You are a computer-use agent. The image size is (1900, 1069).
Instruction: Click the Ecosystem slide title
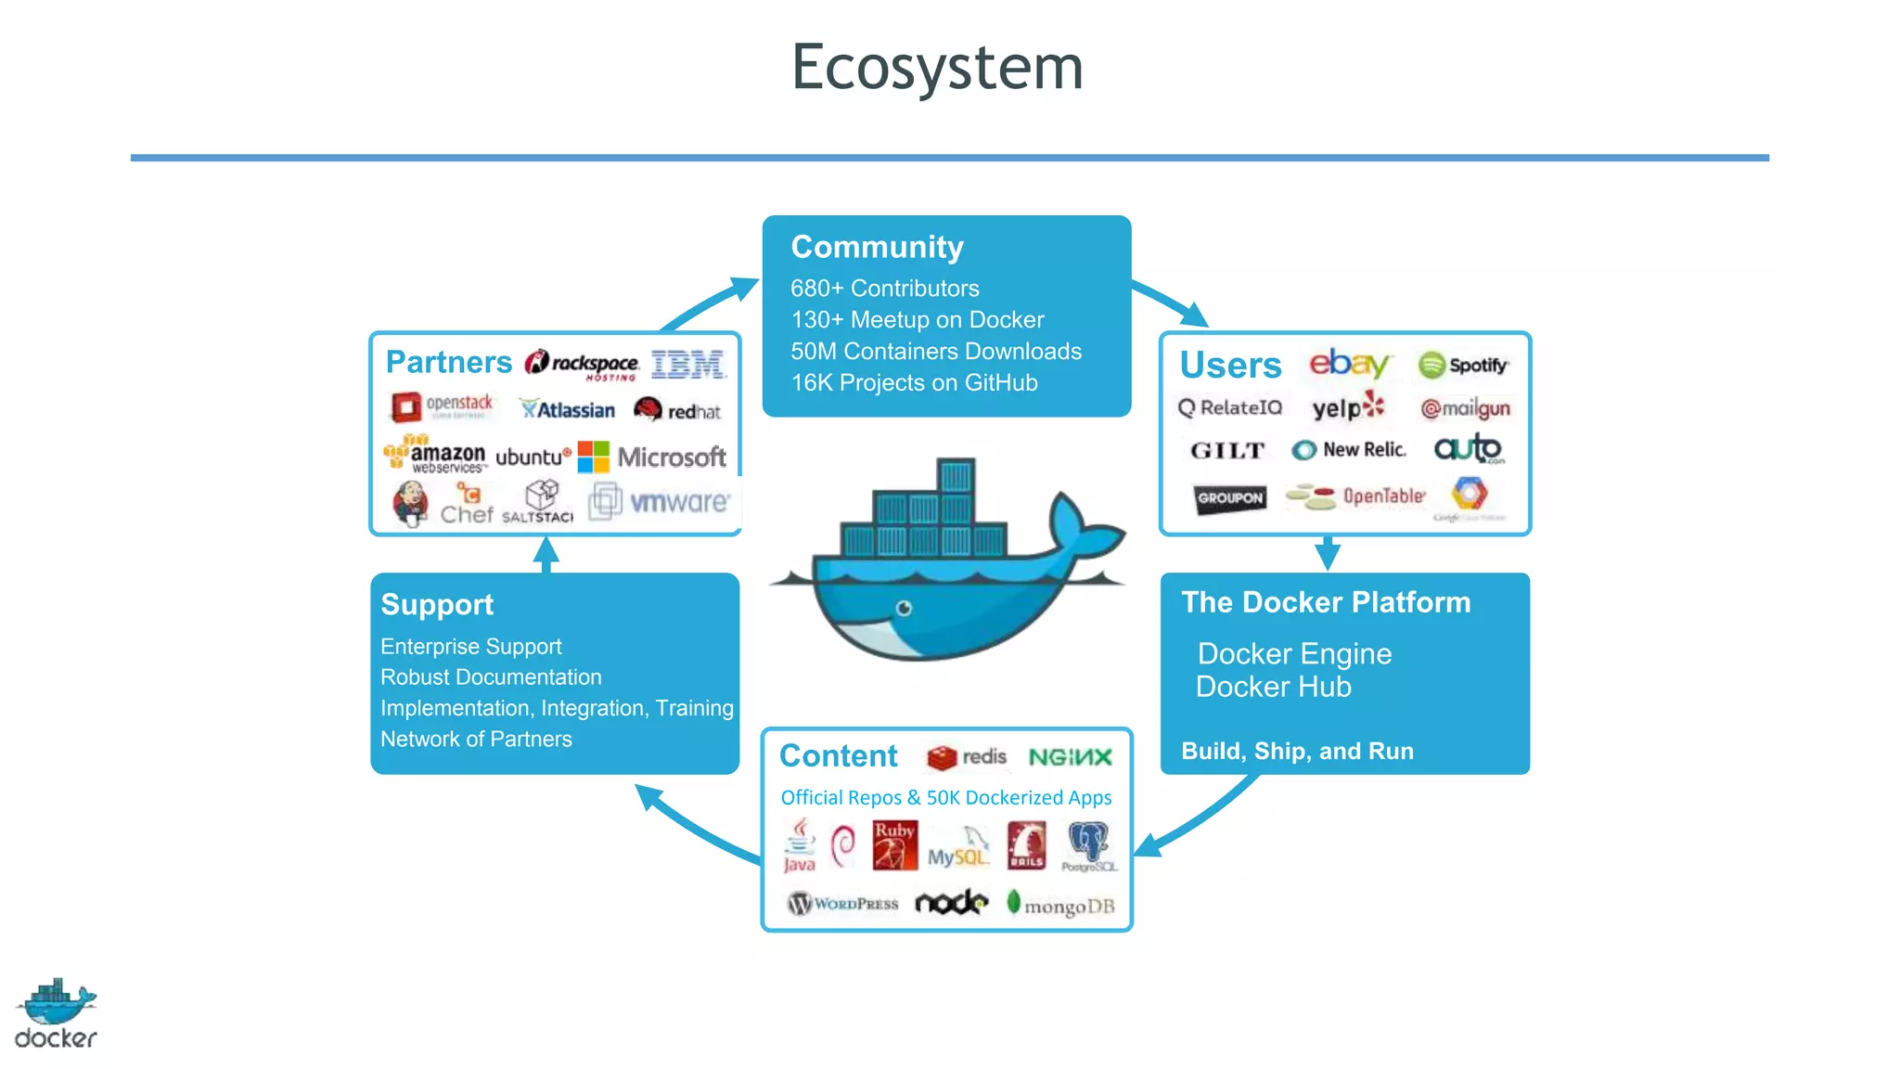click(x=937, y=67)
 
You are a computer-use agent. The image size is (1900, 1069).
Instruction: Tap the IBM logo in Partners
click(x=687, y=364)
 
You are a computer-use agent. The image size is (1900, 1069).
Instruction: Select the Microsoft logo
click(x=652, y=457)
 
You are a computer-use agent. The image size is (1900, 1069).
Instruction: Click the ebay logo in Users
click(x=1349, y=363)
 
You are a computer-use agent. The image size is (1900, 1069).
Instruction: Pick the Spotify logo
click(x=1463, y=365)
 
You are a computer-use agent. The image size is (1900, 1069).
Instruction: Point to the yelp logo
click(x=1347, y=407)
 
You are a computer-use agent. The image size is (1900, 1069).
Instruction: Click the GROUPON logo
click(x=1230, y=498)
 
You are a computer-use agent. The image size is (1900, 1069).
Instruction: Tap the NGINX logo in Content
click(x=1070, y=757)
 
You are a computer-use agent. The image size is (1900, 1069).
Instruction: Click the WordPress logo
click(x=842, y=903)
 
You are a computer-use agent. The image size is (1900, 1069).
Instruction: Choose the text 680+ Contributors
click(x=884, y=289)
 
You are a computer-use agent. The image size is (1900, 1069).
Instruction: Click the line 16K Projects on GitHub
click(x=914, y=382)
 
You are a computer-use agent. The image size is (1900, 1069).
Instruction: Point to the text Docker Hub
click(x=1273, y=687)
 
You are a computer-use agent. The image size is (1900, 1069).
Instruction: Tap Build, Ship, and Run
click(x=1297, y=751)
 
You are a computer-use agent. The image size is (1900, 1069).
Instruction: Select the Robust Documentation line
click(x=491, y=677)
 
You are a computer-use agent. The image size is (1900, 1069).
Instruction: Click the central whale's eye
click(x=904, y=608)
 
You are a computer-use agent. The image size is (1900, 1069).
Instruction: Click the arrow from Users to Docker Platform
click(x=1328, y=553)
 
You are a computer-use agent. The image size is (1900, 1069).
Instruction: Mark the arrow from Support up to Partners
click(x=546, y=554)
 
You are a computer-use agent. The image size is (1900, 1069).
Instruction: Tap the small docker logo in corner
click(x=56, y=1013)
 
